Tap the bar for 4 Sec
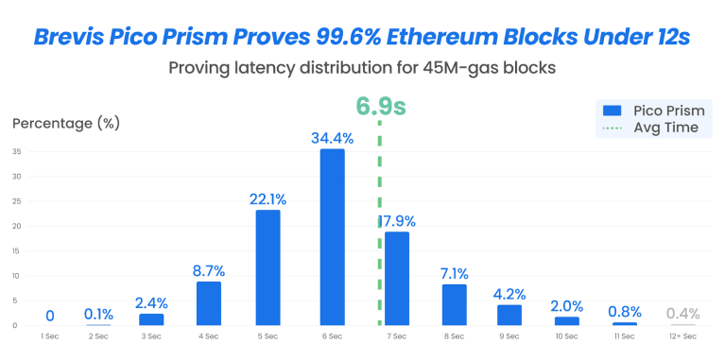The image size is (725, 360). tap(208, 302)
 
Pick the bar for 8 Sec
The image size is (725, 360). tap(455, 304)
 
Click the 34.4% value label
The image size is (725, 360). tap(333, 138)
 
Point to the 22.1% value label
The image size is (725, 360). tap(268, 198)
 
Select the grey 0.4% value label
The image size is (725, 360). tap(682, 314)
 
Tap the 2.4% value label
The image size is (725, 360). tap(151, 302)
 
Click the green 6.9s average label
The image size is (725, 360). tap(380, 106)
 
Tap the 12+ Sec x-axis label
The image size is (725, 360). tap(682, 336)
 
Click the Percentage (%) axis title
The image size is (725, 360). tap(66, 124)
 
